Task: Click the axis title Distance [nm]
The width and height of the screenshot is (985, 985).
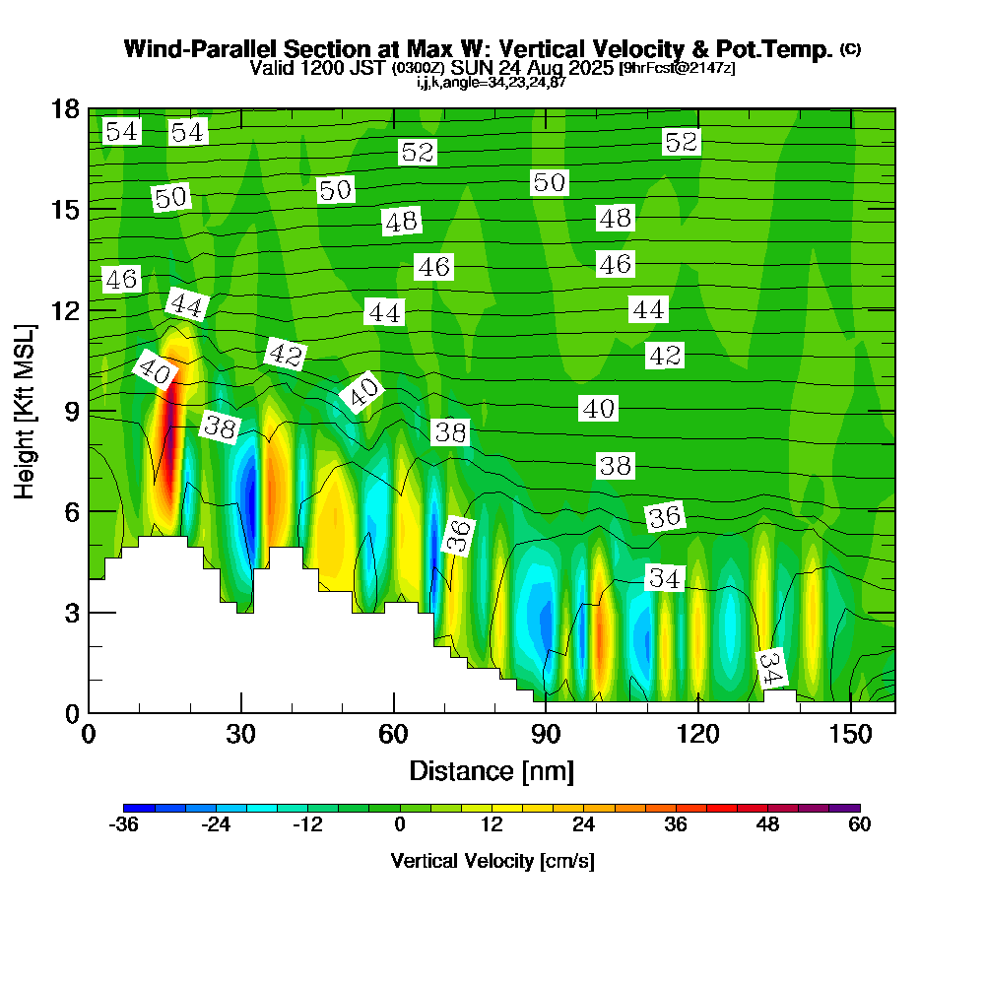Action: pos(492,769)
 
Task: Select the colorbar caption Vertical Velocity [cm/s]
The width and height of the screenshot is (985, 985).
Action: pos(492,861)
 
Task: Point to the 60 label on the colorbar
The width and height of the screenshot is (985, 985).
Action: pos(859,825)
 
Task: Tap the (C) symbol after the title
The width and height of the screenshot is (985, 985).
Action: pos(850,48)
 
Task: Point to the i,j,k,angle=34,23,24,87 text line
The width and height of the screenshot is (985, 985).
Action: pos(492,82)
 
